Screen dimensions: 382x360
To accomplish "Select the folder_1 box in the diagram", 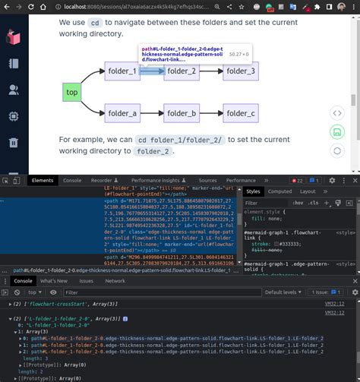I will click(x=123, y=72).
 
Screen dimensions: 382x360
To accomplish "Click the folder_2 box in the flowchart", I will click(x=182, y=72).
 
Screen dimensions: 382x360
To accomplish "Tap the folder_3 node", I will click(x=239, y=72).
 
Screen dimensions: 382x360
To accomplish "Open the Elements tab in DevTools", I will click(x=43, y=201).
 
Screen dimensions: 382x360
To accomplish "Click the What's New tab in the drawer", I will click(x=53, y=281).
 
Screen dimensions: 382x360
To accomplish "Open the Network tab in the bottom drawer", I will click(x=115, y=281).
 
